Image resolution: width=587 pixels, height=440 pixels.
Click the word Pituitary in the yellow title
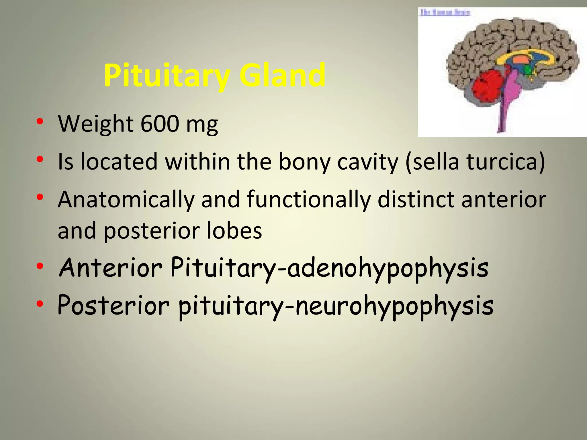click(167, 75)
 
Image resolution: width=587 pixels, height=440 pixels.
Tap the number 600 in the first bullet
click(160, 124)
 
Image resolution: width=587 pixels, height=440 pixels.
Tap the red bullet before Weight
click(40, 121)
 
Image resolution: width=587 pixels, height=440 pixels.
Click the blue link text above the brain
click(445, 12)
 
